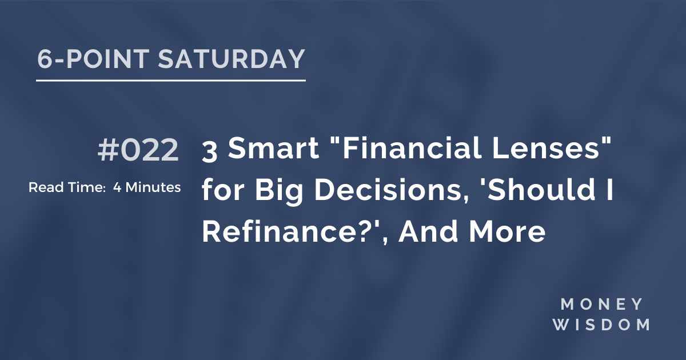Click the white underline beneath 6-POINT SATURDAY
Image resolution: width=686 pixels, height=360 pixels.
(170, 81)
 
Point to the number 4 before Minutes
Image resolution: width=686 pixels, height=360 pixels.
(117, 187)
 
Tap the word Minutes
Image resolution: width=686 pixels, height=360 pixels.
(153, 187)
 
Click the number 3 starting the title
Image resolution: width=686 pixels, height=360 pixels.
(209, 151)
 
